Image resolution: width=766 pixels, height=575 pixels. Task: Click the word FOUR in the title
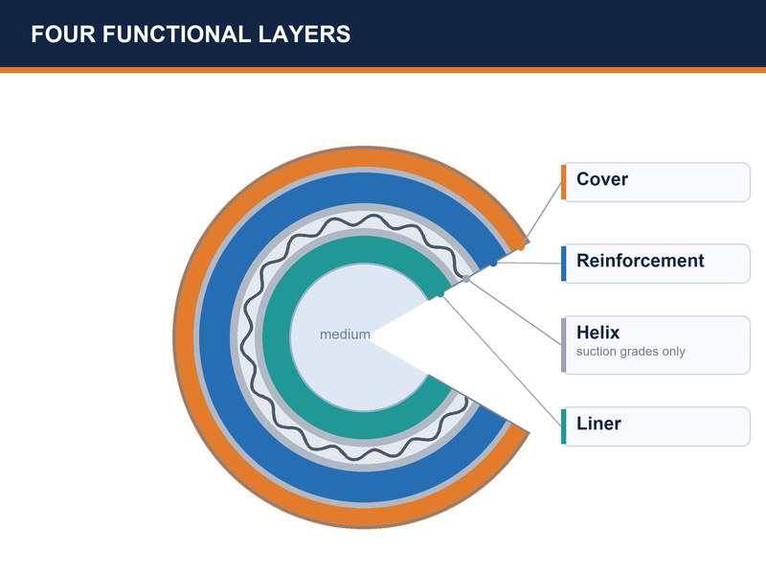[x=63, y=34]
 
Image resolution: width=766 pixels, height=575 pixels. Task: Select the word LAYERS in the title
[x=304, y=34]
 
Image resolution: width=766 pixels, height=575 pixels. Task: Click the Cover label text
[x=602, y=179]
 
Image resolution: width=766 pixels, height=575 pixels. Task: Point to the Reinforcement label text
[x=640, y=261]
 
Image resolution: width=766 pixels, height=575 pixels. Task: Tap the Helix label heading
[x=597, y=333]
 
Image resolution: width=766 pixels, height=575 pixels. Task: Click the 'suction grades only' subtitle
[x=630, y=352]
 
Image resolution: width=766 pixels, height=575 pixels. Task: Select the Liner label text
[x=598, y=424]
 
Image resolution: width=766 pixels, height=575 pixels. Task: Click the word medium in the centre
[x=345, y=334]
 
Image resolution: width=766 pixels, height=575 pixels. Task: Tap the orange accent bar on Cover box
[x=564, y=182]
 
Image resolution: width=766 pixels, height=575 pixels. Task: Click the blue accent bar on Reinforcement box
[x=564, y=264]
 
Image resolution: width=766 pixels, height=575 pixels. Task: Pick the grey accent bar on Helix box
[x=564, y=345]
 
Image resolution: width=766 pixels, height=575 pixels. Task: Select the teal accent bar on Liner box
[x=564, y=426]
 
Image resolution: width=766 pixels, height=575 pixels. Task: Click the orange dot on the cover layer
[x=521, y=247]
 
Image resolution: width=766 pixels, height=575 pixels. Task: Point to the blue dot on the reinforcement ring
[x=493, y=263]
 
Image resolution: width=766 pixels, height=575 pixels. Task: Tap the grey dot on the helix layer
[x=466, y=279]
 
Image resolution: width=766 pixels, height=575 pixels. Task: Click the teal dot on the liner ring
[x=440, y=294]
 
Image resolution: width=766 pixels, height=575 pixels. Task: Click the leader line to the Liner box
[x=501, y=360]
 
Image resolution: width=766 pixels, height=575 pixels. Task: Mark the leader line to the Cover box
[x=541, y=215]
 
